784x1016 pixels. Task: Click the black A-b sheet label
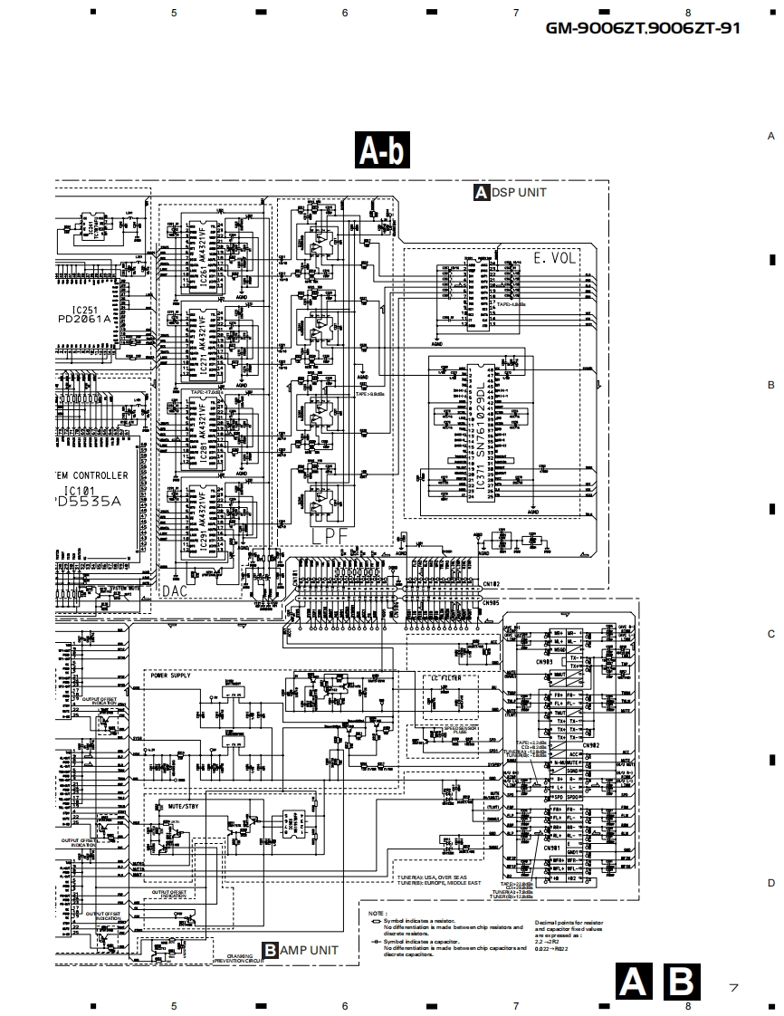(384, 150)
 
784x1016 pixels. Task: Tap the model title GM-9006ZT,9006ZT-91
(643, 28)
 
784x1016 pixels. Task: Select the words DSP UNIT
(519, 193)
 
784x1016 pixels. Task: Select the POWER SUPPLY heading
(171, 676)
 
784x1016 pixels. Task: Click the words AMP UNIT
(309, 950)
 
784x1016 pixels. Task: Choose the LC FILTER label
(443, 678)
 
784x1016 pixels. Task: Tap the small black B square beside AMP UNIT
(270, 950)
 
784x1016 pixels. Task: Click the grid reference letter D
(771, 883)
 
